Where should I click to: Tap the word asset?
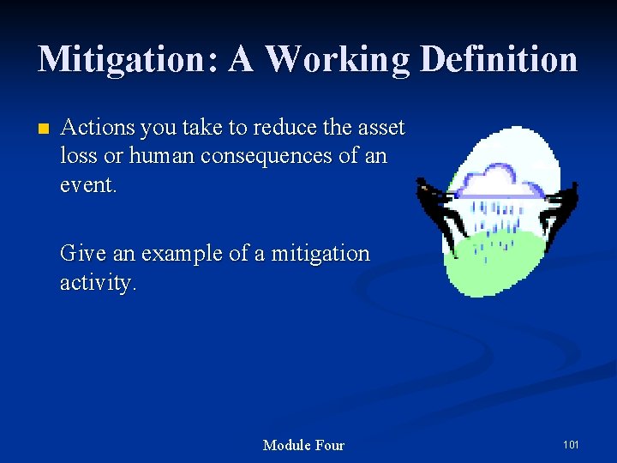point(380,129)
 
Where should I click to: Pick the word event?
point(87,185)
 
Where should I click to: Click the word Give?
point(78,254)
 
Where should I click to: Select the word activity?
point(97,283)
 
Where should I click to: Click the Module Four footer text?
point(303,445)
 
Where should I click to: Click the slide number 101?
point(571,445)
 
